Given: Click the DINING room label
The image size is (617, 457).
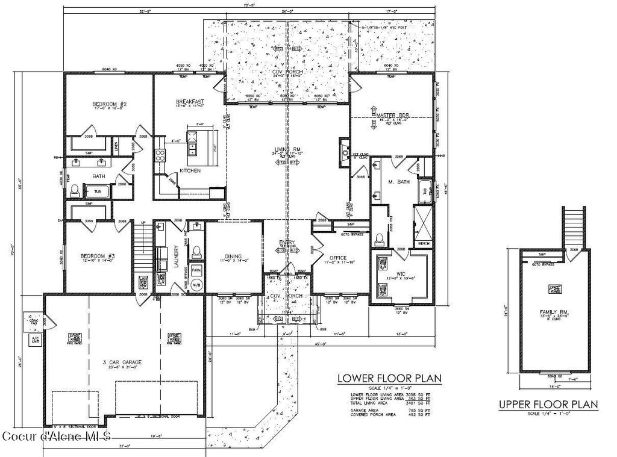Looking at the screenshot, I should pos(233,257).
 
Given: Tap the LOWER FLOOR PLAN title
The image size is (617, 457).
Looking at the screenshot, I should pos(389,379).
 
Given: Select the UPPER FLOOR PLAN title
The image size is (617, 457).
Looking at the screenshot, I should pos(548,404).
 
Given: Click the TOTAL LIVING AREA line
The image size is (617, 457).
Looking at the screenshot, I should pos(390,403).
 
